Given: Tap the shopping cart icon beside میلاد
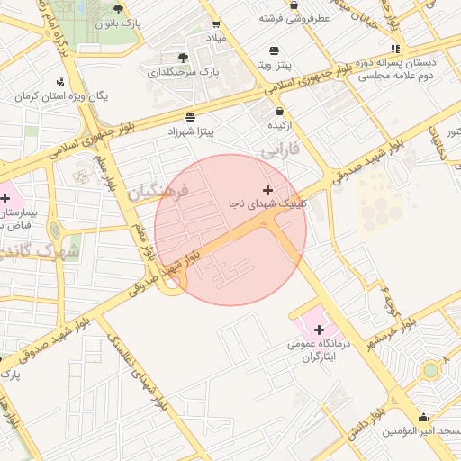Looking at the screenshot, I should point(216,24).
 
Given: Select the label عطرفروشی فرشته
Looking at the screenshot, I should point(294,17).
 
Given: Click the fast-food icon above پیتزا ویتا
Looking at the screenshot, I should point(273,50).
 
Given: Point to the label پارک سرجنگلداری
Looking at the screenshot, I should point(184,71).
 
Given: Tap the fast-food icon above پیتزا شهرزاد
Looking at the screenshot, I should point(190,117).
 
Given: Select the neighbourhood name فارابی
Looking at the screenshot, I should point(280,153).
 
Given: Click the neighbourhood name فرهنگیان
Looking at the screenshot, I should point(157,191).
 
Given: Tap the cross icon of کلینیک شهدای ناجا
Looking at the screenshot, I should point(267,190).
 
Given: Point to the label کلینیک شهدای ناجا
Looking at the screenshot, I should point(267,204).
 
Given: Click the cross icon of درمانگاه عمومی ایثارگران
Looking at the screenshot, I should point(319,330).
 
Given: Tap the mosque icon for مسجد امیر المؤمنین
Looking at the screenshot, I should point(424,416).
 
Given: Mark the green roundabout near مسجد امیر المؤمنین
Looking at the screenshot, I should point(430,369).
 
